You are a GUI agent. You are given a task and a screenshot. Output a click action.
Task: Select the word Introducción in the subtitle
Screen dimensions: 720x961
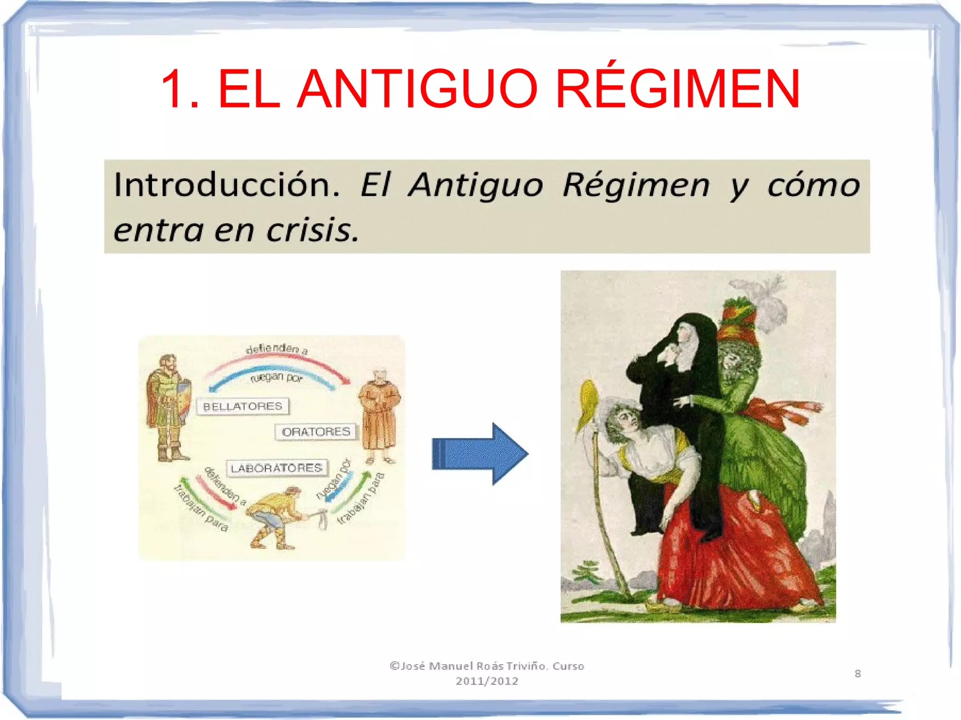(x=226, y=185)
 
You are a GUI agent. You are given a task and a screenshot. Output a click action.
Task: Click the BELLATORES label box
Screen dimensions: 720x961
(x=243, y=406)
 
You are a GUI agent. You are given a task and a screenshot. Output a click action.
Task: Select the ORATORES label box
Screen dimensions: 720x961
(x=316, y=432)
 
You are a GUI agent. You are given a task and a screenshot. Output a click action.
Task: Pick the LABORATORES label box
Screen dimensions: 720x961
(x=277, y=468)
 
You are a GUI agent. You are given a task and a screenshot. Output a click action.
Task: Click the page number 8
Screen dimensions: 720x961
(x=857, y=674)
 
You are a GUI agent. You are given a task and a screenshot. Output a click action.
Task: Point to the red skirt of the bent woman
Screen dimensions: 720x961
(x=732, y=553)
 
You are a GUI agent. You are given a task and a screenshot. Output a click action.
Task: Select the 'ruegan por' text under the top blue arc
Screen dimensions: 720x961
(x=277, y=377)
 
